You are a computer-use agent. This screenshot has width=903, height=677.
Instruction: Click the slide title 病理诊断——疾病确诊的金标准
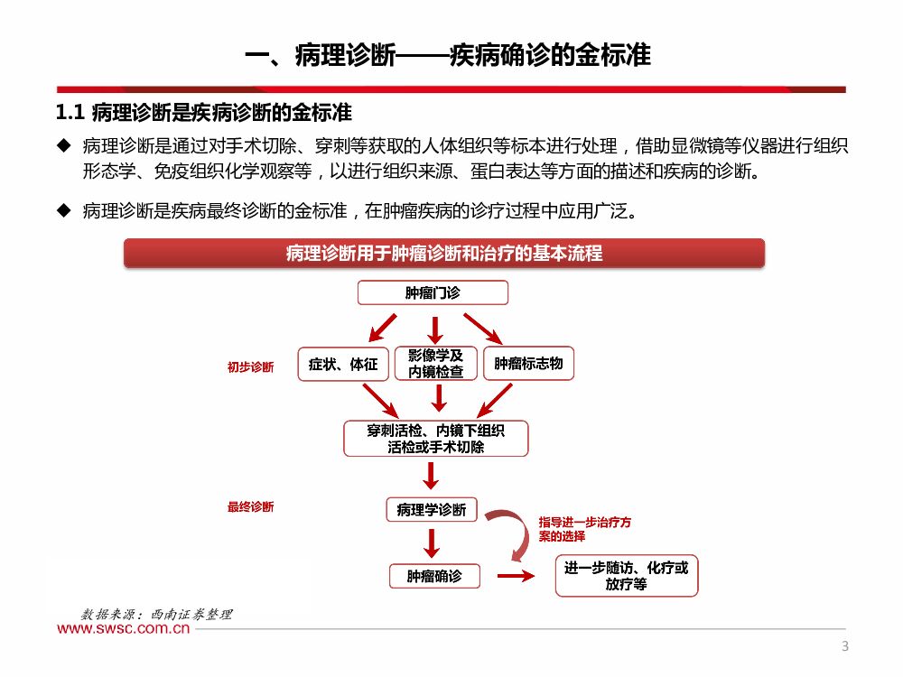pyautogui.click(x=449, y=54)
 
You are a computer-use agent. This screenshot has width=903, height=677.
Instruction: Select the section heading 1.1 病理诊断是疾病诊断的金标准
pyautogui.click(x=203, y=113)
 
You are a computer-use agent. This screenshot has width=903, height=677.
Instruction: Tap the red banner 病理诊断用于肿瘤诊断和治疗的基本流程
pyautogui.click(x=444, y=254)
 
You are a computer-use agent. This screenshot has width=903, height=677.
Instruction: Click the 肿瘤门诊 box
pyautogui.click(x=433, y=293)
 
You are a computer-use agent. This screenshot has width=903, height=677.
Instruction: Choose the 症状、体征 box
pyautogui.click(x=343, y=364)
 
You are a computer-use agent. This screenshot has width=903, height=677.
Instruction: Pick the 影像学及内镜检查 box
pyautogui.click(x=436, y=364)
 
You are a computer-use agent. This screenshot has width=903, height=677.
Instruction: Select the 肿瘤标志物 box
pyautogui.click(x=528, y=364)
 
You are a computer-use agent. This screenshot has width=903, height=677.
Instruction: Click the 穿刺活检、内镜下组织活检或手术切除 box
pyautogui.click(x=436, y=439)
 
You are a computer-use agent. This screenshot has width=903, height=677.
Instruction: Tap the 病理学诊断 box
pyautogui.click(x=432, y=509)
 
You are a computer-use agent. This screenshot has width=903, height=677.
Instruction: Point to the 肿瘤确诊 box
pyautogui.click(x=433, y=575)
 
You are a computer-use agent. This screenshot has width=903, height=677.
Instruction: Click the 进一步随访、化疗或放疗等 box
pyautogui.click(x=626, y=576)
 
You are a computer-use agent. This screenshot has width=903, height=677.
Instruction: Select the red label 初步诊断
pyautogui.click(x=250, y=367)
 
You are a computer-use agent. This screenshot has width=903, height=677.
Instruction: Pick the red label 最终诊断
pyautogui.click(x=250, y=507)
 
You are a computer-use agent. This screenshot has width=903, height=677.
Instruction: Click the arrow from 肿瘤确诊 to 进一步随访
pyautogui.click(x=516, y=576)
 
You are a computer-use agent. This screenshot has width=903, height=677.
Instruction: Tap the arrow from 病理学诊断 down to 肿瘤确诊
pyautogui.click(x=432, y=542)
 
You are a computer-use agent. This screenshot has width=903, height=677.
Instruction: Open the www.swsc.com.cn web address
pyautogui.click(x=124, y=629)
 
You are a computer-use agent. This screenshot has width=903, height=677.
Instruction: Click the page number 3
pyautogui.click(x=845, y=645)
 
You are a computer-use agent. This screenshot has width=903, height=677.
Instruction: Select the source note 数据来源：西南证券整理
pyautogui.click(x=157, y=614)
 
